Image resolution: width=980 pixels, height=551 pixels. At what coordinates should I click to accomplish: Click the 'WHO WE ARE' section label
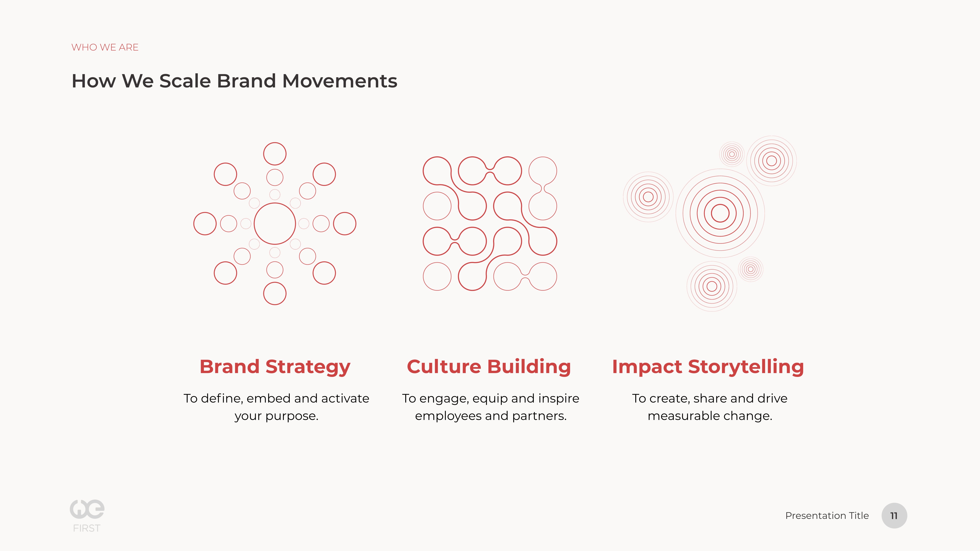(x=105, y=47)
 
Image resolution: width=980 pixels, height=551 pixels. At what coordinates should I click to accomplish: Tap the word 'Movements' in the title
(x=340, y=81)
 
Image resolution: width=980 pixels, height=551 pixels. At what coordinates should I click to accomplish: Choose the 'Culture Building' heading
(x=489, y=367)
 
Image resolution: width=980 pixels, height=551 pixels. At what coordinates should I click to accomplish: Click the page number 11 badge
(x=894, y=516)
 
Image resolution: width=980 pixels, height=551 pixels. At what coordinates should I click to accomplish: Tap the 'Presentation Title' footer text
(x=827, y=516)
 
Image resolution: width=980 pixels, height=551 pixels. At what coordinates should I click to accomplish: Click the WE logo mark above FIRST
(x=87, y=509)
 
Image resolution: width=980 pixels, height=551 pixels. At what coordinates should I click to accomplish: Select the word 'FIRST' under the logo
(x=87, y=528)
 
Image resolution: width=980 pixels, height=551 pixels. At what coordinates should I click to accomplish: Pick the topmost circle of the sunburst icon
(x=275, y=143)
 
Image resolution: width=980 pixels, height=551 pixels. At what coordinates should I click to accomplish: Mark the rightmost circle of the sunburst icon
(x=356, y=224)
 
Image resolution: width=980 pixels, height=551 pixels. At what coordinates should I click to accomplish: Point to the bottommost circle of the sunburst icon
(x=275, y=305)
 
